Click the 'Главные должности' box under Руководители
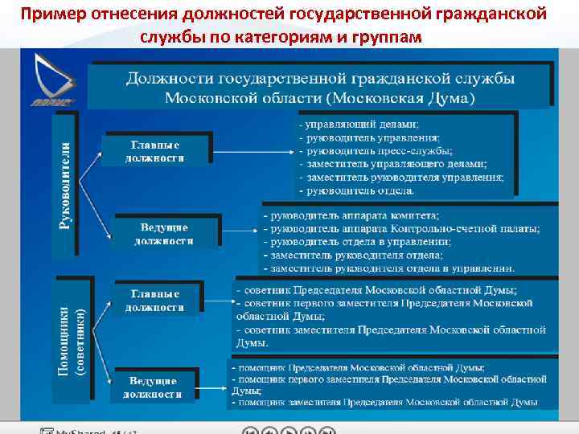pos(155,151)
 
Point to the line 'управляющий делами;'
pos(360,125)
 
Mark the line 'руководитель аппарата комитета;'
pos(354,216)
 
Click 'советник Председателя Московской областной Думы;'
pos(378,290)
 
